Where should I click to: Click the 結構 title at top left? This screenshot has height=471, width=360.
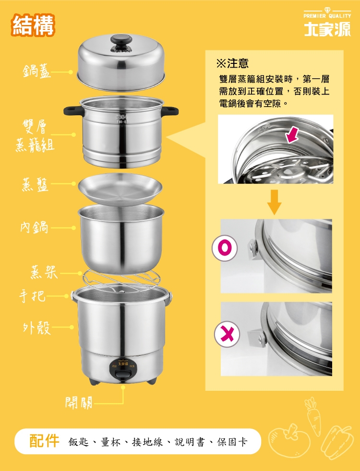click(x=33, y=25)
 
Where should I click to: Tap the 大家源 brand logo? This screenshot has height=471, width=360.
click(x=327, y=29)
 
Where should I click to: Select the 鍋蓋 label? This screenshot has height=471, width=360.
click(x=36, y=72)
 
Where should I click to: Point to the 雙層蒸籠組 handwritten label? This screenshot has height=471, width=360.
click(x=35, y=136)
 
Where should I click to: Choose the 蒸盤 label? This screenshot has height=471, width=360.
click(x=35, y=184)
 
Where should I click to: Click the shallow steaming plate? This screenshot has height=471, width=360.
click(x=120, y=188)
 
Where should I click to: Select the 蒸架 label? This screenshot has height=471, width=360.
click(x=44, y=272)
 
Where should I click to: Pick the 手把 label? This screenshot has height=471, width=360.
click(x=32, y=296)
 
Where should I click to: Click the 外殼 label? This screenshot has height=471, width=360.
click(x=36, y=327)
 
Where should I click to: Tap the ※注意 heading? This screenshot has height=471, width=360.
click(x=232, y=63)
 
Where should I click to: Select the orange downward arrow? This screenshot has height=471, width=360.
click(x=274, y=202)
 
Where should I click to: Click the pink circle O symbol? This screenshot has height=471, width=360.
click(x=225, y=248)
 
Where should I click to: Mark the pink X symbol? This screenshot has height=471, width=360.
click(x=227, y=334)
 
